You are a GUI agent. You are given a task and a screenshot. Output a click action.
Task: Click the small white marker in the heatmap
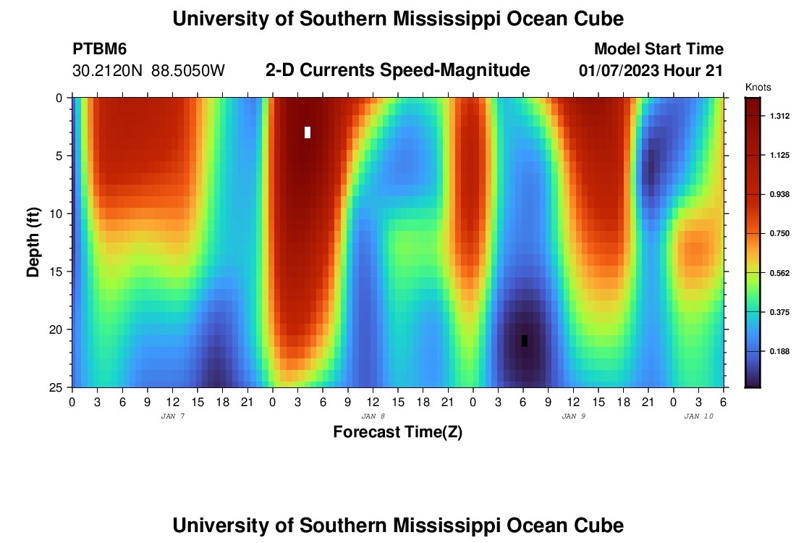point(308,132)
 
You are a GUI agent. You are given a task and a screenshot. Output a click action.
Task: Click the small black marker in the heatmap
point(525,341)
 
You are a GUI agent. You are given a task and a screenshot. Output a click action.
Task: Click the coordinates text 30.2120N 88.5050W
point(149,71)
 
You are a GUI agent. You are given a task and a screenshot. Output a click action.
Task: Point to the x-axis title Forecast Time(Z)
point(397,432)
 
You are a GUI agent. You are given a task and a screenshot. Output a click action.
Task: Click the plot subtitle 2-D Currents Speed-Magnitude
point(397,70)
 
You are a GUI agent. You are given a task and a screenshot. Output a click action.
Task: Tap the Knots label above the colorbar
point(758,87)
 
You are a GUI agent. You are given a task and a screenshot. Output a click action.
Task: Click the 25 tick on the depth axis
point(58,387)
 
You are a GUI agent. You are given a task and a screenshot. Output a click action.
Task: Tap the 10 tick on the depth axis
point(58,214)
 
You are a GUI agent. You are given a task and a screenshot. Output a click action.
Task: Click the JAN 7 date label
point(172,416)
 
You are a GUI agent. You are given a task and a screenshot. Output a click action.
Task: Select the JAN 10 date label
point(698,416)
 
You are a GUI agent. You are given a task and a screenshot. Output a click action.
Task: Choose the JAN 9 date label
point(573,416)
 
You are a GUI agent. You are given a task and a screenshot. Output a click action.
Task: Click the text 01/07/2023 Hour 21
point(651,71)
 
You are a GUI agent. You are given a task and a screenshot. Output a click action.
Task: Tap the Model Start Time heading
point(659,49)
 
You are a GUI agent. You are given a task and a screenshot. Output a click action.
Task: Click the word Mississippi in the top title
point(437,19)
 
